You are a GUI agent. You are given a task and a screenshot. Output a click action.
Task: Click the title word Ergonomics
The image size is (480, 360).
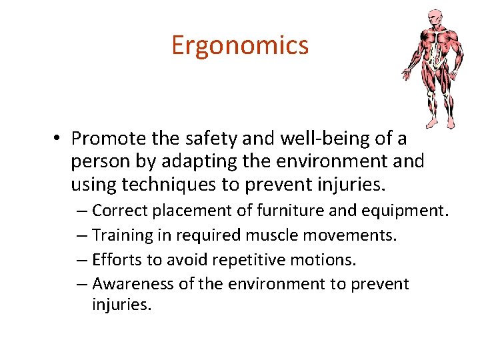tap(240, 45)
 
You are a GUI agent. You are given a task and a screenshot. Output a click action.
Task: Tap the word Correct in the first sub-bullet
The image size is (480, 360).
tap(121, 211)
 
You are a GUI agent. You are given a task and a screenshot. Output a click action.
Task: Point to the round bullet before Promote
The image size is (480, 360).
tap(59, 139)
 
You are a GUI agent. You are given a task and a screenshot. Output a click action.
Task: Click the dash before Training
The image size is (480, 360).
tap(81, 235)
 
